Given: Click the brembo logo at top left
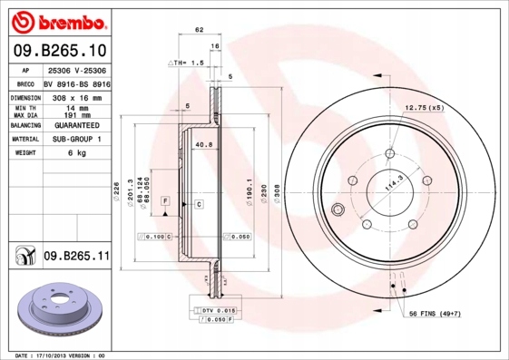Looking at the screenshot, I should (56, 19).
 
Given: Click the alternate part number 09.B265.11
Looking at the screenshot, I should (76, 258).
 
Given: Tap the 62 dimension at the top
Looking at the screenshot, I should (199, 30).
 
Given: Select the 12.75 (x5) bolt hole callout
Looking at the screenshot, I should (424, 108).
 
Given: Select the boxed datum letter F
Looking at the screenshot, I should (165, 199).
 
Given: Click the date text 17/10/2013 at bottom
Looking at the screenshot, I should (63, 355).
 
